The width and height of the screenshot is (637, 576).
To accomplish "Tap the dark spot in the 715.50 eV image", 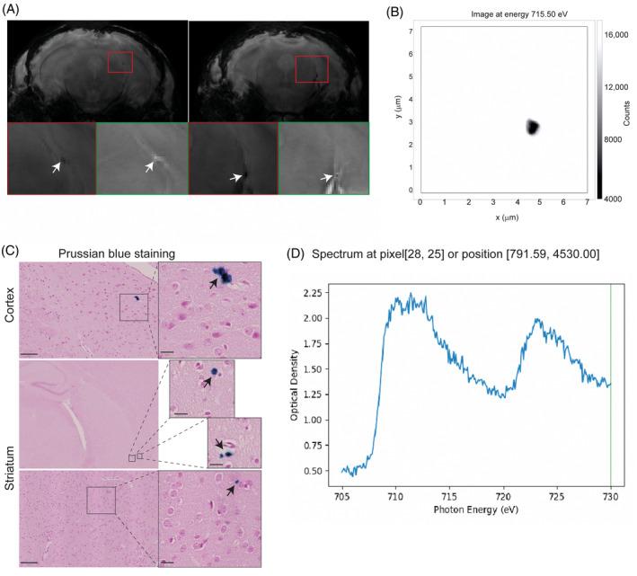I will coord(532,128).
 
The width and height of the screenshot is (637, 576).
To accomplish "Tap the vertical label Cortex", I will coord(9,310).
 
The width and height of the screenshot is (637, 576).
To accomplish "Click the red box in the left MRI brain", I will coord(119,62).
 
